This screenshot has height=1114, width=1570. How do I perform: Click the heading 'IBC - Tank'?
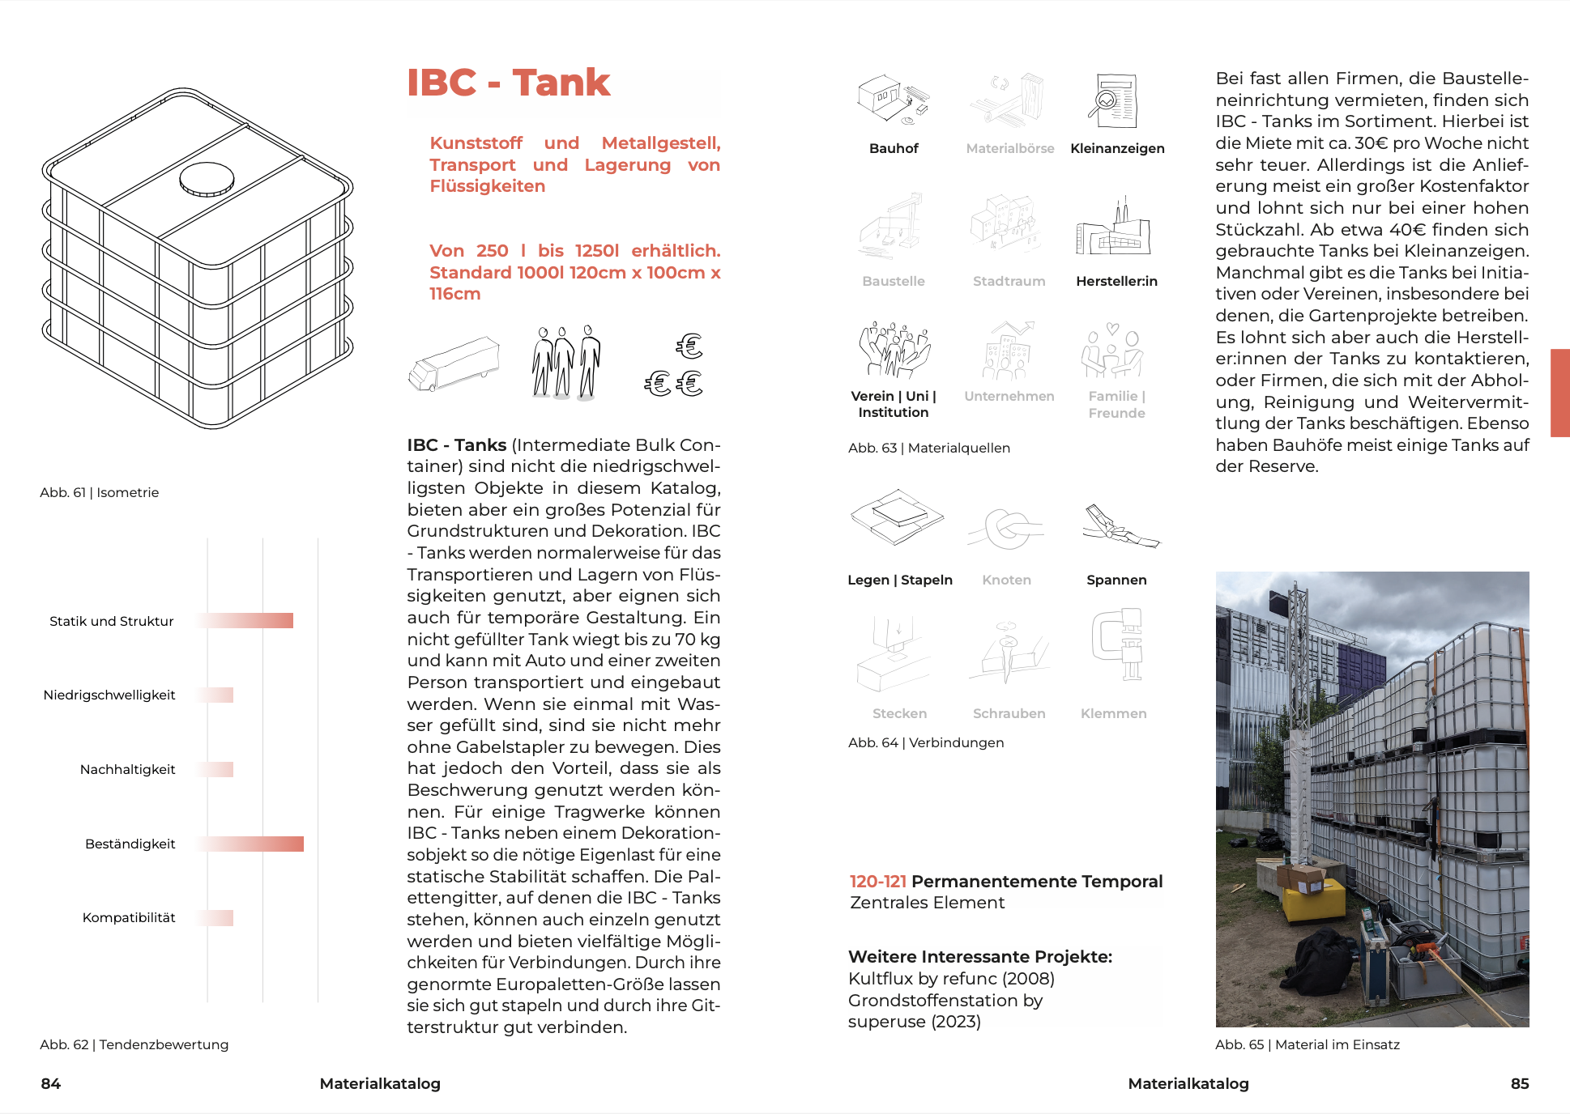[x=508, y=83]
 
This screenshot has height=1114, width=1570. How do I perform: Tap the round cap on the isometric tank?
[x=207, y=179]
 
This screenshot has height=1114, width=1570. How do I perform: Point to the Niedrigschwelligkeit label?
[x=109, y=695]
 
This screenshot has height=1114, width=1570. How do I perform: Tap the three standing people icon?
[x=565, y=362]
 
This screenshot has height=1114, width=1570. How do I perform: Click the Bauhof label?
[x=894, y=149]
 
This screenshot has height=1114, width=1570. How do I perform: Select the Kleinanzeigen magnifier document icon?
[x=1116, y=101]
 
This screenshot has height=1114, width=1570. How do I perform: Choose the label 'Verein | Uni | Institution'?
[x=894, y=404]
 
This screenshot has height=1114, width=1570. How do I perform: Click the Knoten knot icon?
[x=1006, y=529]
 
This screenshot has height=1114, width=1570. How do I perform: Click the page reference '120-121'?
[x=877, y=882]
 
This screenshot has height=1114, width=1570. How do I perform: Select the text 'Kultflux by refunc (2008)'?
[x=951, y=979]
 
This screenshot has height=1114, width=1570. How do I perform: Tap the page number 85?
[x=1520, y=1084]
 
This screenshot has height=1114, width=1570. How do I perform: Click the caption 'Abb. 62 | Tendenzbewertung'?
[x=134, y=1045]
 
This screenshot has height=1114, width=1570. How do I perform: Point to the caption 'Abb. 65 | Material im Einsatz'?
[x=1307, y=1045]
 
